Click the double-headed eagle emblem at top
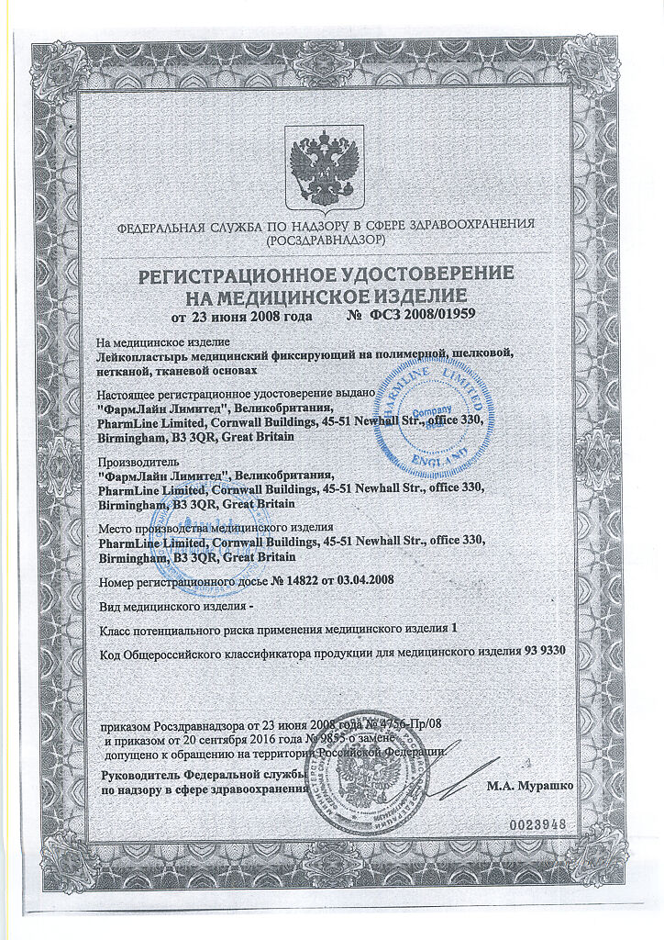coord(324,165)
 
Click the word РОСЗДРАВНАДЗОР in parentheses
coord(324,240)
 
